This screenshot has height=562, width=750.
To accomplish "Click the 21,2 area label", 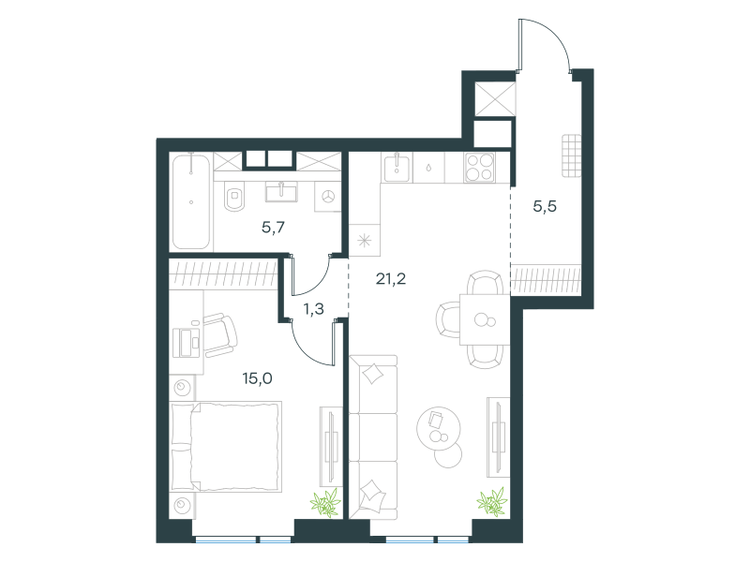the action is (x=391, y=278).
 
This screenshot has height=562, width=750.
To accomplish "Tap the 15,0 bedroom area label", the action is (x=257, y=378).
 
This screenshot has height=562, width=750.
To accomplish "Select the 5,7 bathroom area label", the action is (x=273, y=227).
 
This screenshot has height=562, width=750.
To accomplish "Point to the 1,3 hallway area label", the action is (x=314, y=309).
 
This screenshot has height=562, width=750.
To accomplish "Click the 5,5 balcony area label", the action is (x=545, y=206).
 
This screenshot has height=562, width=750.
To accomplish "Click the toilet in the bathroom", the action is (x=234, y=196).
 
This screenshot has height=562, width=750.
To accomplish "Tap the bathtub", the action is (x=191, y=201).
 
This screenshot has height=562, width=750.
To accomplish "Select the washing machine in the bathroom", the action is (x=327, y=196).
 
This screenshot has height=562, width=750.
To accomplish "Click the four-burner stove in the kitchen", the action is (x=479, y=168).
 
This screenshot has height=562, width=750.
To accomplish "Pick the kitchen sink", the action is (x=397, y=168).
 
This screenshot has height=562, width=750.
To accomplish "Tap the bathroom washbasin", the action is (x=281, y=191).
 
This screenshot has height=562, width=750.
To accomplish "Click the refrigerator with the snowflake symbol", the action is (x=365, y=240).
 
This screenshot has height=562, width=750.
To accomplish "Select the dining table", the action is (x=485, y=319).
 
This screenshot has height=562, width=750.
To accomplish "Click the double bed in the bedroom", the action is (x=227, y=447).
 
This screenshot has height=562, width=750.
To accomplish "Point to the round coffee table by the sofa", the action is (x=439, y=429).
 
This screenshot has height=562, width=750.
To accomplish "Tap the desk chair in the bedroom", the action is (x=220, y=335).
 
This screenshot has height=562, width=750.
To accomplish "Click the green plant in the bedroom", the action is (x=325, y=503).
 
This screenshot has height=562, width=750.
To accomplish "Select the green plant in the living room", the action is (x=492, y=502).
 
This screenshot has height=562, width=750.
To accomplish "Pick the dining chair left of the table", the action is (x=448, y=319).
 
